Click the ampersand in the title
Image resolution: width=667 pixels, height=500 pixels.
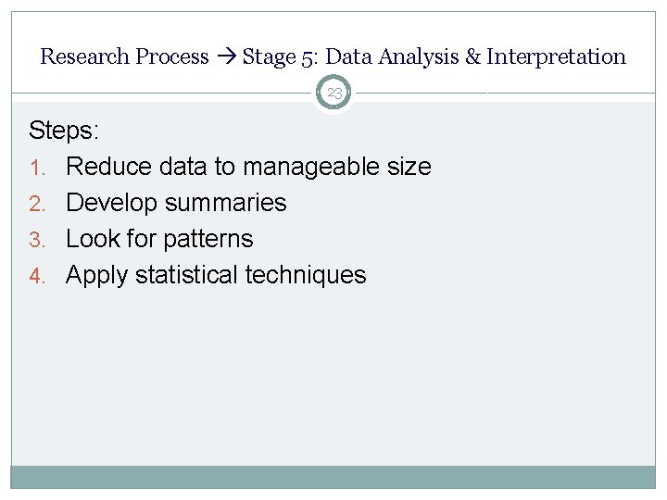472,56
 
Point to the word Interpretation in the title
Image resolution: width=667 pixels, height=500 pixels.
556,56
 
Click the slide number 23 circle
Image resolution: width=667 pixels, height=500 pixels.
333,94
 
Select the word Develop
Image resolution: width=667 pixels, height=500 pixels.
111,203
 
